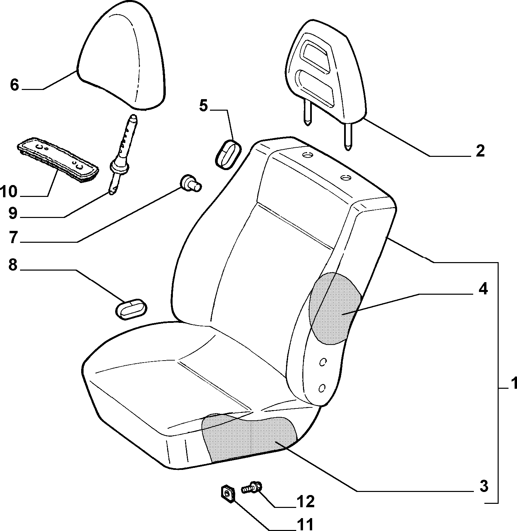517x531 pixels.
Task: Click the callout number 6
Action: coord(14,85)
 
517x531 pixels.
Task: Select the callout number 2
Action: coord(480,151)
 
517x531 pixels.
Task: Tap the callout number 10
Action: coord(8,192)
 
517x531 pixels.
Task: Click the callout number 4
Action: coord(483,289)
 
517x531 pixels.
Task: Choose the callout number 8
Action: coord(13,265)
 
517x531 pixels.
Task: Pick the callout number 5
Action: coord(203,106)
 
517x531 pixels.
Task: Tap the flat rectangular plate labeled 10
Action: coord(58,160)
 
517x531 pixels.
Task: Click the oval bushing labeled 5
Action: coord(228,154)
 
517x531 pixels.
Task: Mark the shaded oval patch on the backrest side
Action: coord(335,309)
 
